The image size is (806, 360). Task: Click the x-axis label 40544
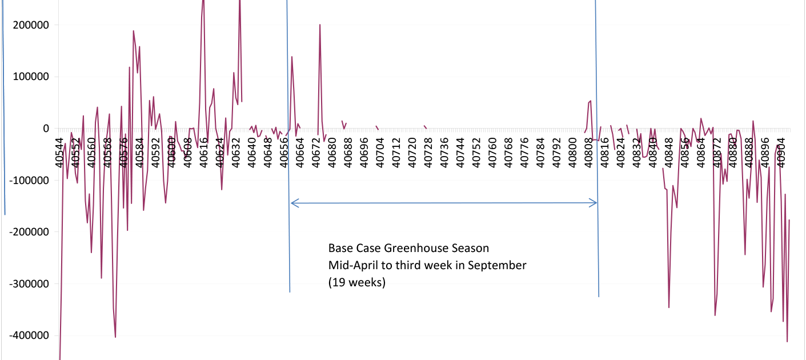click(x=60, y=153)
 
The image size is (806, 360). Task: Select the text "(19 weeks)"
click(x=357, y=282)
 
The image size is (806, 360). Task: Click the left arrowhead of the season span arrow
click(x=292, y=202)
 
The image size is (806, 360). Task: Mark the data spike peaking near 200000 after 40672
click(x=320, y=25)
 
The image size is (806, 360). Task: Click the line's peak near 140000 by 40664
click(x=292, y=57)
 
